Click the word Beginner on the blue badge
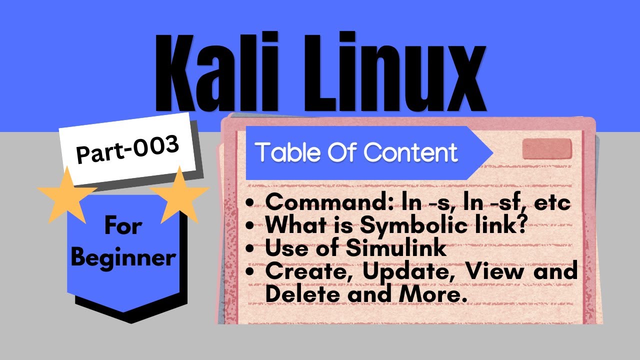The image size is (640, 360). point(123,258)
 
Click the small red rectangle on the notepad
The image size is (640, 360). point(546,148)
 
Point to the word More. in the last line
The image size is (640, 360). point(429,294)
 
